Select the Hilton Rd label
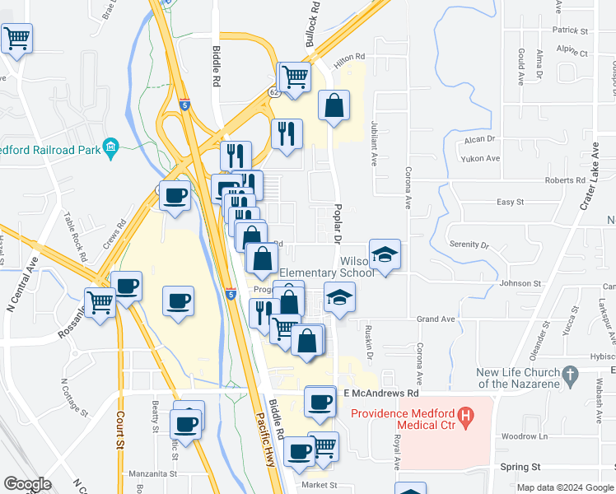(x=348, y=56)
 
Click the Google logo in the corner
(x=26, y=484)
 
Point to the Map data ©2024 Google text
(x=564, y=487)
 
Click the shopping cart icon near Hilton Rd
(x=294, y=77)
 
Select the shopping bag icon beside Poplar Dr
(x=334, y=105)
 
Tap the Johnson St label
(x=520, y=283)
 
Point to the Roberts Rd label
(x=564, y=180)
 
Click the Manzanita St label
(x=153, y=473)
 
